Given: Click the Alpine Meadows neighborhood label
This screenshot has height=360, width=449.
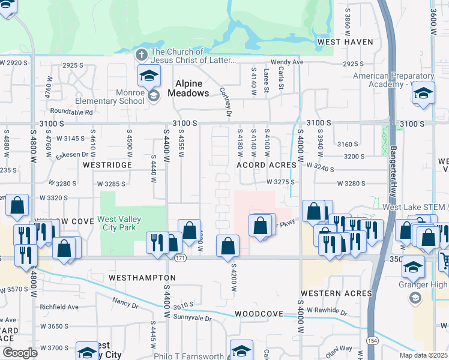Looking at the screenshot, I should tap(191, 88).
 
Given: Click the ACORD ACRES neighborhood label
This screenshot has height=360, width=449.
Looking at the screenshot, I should tap(267, 164).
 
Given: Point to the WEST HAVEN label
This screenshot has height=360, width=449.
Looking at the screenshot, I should tap(345, 42).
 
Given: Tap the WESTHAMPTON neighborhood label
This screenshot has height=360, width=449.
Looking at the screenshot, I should tap(142, 278).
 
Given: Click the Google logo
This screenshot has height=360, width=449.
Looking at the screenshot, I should tap(20, 353).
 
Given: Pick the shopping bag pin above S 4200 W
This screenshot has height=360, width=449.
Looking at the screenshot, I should tap(228, 246).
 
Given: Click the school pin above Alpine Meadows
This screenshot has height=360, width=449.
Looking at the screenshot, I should tap(149, 76).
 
